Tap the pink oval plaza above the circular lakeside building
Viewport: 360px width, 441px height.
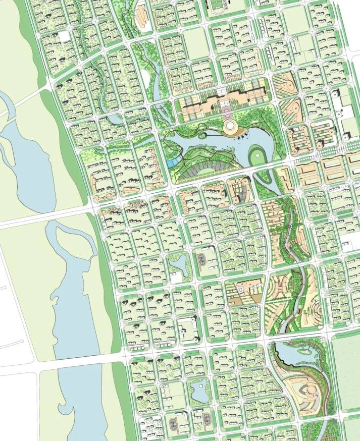226,109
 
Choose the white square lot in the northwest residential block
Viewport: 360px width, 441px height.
65,36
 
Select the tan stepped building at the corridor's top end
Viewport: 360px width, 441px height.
140,18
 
